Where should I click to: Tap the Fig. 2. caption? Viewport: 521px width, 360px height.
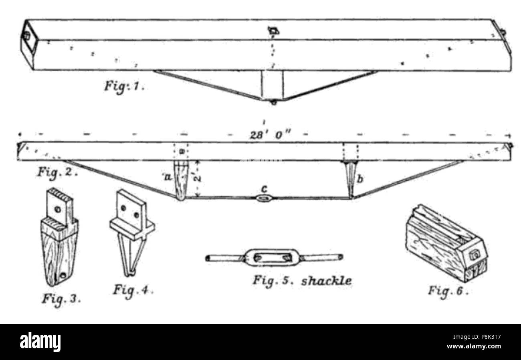[57, 173]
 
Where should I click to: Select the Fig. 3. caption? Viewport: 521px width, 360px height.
[61, 299]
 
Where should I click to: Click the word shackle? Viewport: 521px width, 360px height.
[326, 281]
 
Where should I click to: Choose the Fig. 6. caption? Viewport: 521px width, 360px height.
[448, 291]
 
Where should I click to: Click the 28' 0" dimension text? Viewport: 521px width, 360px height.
[270, 135]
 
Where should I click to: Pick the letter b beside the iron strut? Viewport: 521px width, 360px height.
[360, 179]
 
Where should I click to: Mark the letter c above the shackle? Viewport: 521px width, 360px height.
[264, 189]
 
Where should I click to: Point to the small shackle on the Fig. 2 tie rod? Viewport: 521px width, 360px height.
[264, 198]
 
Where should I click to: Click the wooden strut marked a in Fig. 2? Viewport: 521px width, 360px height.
[182, 180]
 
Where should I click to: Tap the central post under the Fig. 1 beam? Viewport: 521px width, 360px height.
[273, 85]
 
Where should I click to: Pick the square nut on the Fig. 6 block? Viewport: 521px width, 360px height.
[475, 255]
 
